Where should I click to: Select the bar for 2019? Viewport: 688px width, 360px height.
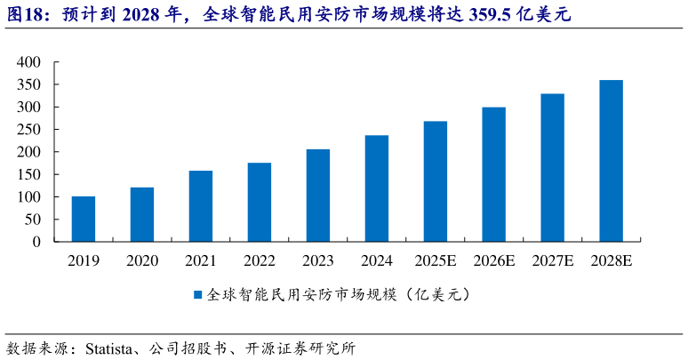click(x=84, y=219)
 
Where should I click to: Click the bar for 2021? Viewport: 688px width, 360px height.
click(x=201, y=205)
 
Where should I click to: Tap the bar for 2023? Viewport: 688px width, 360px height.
click(x=318, y=195)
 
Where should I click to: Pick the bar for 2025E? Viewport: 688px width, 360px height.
click(x=436, y=181)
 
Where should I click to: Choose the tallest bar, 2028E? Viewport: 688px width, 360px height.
click(x=612, y=161)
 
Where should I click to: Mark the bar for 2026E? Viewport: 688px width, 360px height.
click(x=494, y=174)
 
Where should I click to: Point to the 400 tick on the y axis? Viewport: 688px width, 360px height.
click(x=28, y=62)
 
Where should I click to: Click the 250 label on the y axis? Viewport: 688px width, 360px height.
click(x=28, y=130)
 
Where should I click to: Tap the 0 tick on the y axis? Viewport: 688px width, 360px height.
click(x=37, y=242)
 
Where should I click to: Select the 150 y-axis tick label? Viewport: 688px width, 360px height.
click(x=28, y=174)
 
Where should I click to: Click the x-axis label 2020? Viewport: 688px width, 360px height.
click(x=142, y=261)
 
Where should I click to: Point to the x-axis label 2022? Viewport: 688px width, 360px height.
click(x=260, y=261)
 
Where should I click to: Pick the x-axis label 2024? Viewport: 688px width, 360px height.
click(x=377, y=261)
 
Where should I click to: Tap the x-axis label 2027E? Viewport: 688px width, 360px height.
click(x=553, y=261)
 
